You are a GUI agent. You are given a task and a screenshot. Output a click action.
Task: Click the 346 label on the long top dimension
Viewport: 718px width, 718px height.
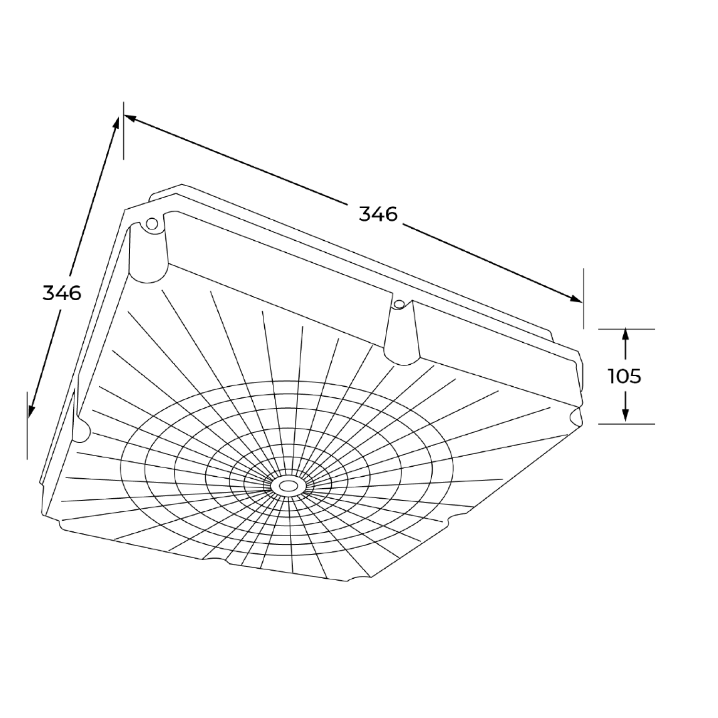click(378, 214)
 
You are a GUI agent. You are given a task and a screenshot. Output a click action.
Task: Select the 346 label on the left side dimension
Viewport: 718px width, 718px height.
click(62, 292)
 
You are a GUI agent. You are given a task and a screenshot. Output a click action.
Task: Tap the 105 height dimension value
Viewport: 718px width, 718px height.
click(625, 376)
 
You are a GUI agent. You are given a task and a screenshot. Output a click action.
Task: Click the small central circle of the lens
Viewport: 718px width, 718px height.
click(288, 486)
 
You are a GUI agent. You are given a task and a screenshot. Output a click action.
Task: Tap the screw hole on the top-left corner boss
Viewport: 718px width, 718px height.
click(152, 223)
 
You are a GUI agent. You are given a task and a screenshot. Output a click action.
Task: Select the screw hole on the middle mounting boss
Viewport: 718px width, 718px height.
click(398, 303)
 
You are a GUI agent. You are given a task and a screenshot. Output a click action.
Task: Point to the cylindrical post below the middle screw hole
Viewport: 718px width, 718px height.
click(401, 340)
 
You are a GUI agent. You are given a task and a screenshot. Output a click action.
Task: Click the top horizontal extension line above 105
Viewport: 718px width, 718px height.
click(626, 329)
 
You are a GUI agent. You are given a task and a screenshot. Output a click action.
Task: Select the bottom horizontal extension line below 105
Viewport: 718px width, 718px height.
click(626, 424)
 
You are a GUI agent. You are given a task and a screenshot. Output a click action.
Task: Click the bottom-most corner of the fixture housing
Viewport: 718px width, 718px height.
click(346, 581)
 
